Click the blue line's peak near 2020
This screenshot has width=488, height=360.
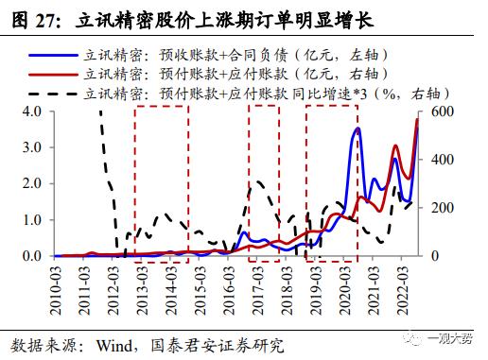357,129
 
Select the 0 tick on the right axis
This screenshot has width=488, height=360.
437,255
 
